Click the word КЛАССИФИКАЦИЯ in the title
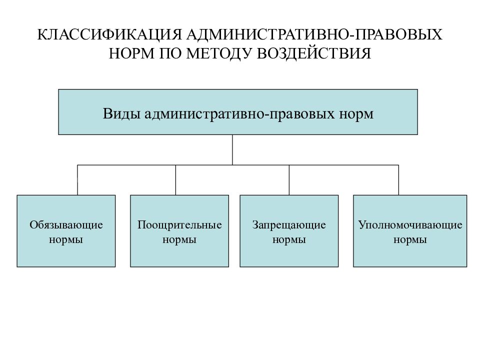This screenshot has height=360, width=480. coord(109,34)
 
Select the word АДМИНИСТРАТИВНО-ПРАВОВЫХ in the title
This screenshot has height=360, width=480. coord(314,34)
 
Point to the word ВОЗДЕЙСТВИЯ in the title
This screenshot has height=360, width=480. coord(314,53)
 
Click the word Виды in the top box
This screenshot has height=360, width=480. coord(121,113)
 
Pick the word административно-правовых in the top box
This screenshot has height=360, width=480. coord(239,113)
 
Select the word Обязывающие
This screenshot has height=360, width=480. coord(66,225)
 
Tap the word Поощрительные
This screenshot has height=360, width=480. coord(179,225)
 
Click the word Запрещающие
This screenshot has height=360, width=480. coord(289,225)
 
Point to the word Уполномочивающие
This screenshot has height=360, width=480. coord(410,225)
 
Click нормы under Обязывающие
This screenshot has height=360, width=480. coord(66,239)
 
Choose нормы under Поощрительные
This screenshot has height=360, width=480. coord(179,239)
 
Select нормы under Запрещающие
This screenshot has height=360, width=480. coord(289,239)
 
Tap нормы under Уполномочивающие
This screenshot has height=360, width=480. coord(410,239)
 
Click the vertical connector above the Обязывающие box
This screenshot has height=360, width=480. coord(77,180)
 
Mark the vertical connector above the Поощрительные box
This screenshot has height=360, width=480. coord(175,180)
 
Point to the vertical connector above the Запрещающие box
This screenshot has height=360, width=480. coord(289,180)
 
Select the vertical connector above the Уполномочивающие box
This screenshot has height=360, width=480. coord(398,180)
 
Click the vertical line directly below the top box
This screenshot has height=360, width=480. coord(232,150)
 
